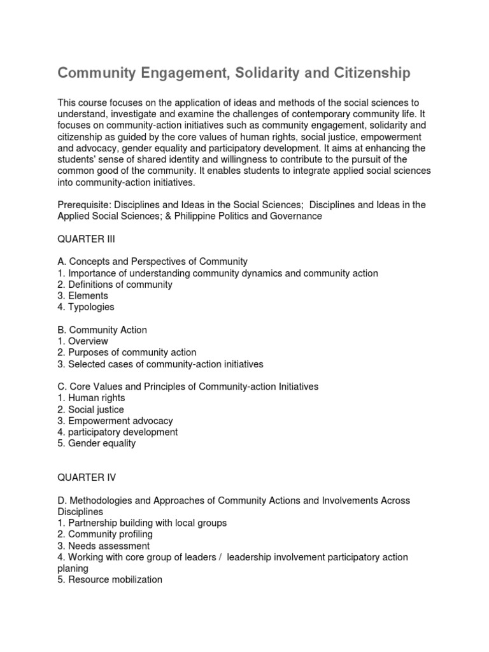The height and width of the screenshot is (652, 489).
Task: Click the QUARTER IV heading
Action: (x=87, y=478)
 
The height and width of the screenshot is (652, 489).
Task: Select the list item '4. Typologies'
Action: (x=86, y=307)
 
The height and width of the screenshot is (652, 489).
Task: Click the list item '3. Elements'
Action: (x=83, y=296)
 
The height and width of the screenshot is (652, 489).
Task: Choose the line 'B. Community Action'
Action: (x=102, y=330)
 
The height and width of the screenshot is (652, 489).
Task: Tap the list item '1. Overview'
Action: (x=83, y=341)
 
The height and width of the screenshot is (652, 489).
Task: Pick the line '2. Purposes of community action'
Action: (x=127, y=353)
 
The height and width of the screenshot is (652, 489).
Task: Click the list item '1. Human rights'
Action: (x=91, y=398)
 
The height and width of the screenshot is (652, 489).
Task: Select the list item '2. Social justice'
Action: (x=91, y=409)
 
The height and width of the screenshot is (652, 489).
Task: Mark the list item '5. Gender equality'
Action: (x=96, y=443)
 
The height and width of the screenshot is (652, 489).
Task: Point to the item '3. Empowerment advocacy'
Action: (x=115, y=421)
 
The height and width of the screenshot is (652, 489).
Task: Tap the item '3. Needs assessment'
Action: (x=104, y=546)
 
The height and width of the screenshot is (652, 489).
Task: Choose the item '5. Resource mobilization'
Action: (x=110, y=579)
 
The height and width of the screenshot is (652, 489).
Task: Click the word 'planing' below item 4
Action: (x=73, y=568)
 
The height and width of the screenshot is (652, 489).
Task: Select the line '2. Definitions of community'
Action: (x=115, y=285)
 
